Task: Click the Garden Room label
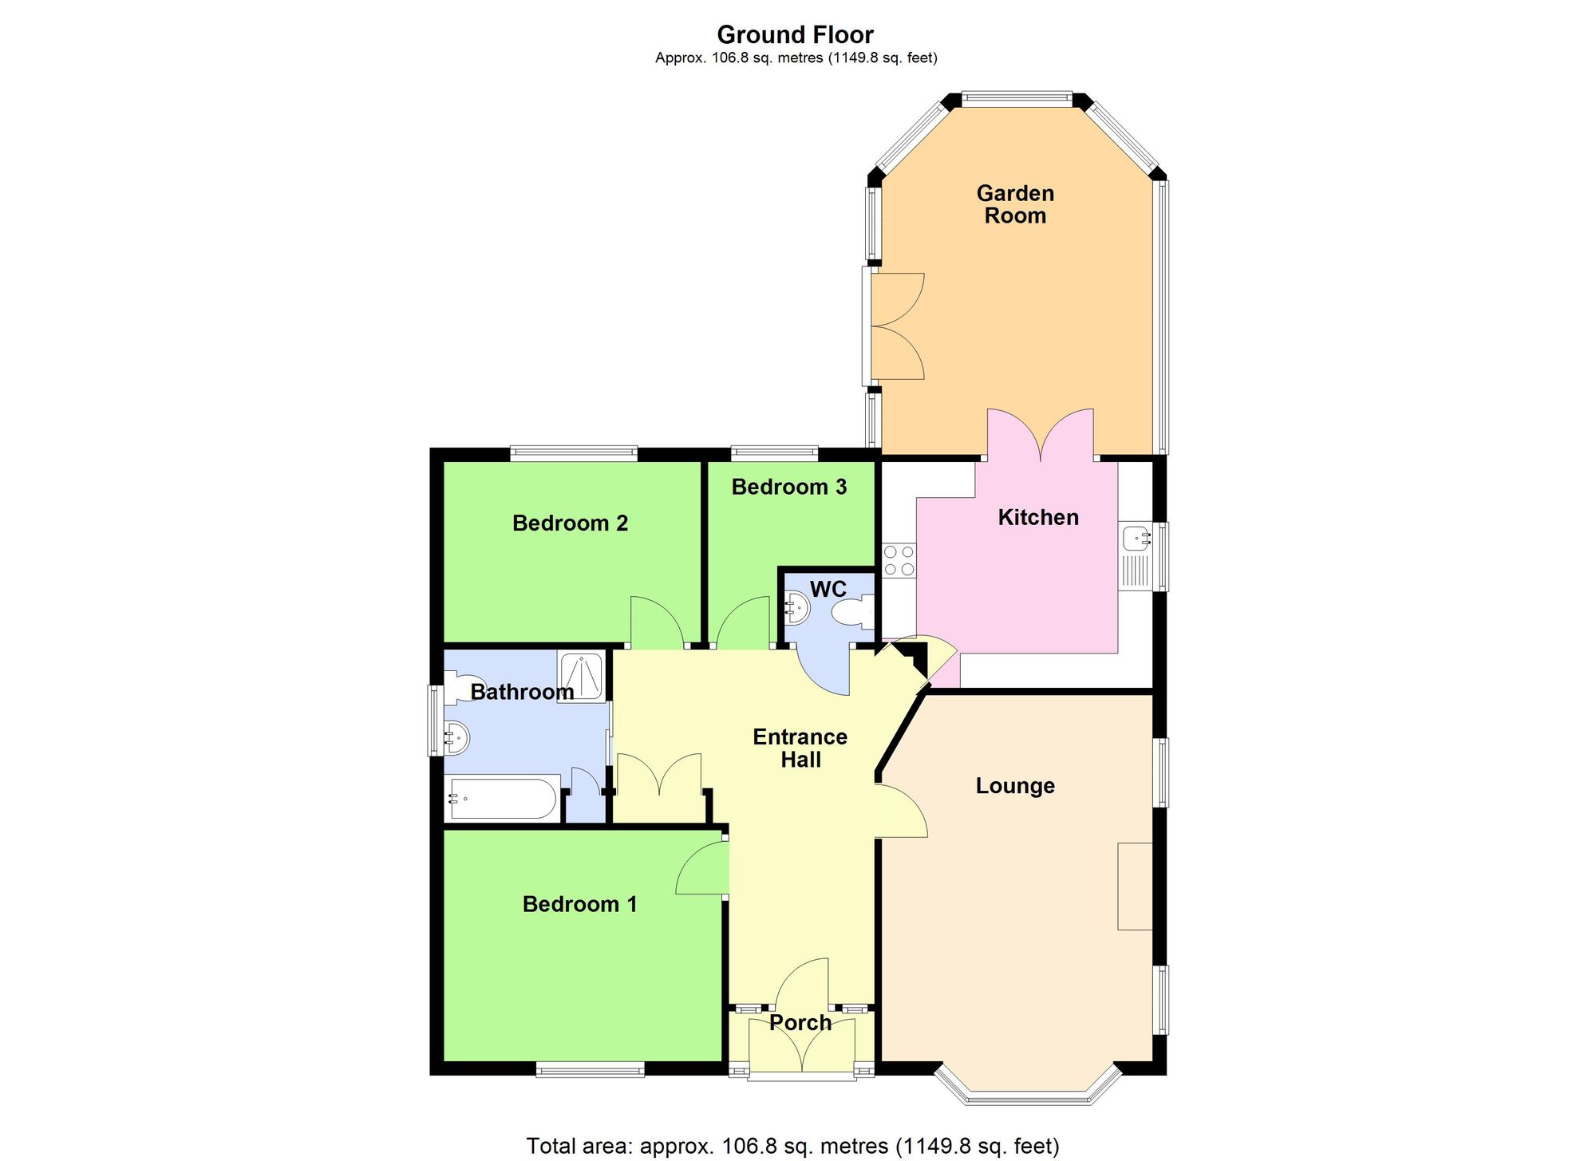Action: pos(1015,204)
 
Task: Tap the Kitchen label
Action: pos(1038,517)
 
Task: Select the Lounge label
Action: pos(1015,786)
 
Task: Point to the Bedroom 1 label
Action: pos(579,904)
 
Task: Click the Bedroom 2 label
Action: pos(570,523)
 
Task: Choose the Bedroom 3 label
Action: pos(788,487)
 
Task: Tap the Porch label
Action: pos(800,1023)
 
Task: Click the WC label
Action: pos(828,590)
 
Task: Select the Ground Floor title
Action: pos(795,35)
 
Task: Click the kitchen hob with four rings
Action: pos(899,560)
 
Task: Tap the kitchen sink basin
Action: pos(1136,539)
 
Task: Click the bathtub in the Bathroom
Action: pos(503,798)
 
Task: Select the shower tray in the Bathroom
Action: pos(582,677)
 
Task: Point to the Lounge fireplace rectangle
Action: pos(1135,886)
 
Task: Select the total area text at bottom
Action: pos(792,1146)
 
